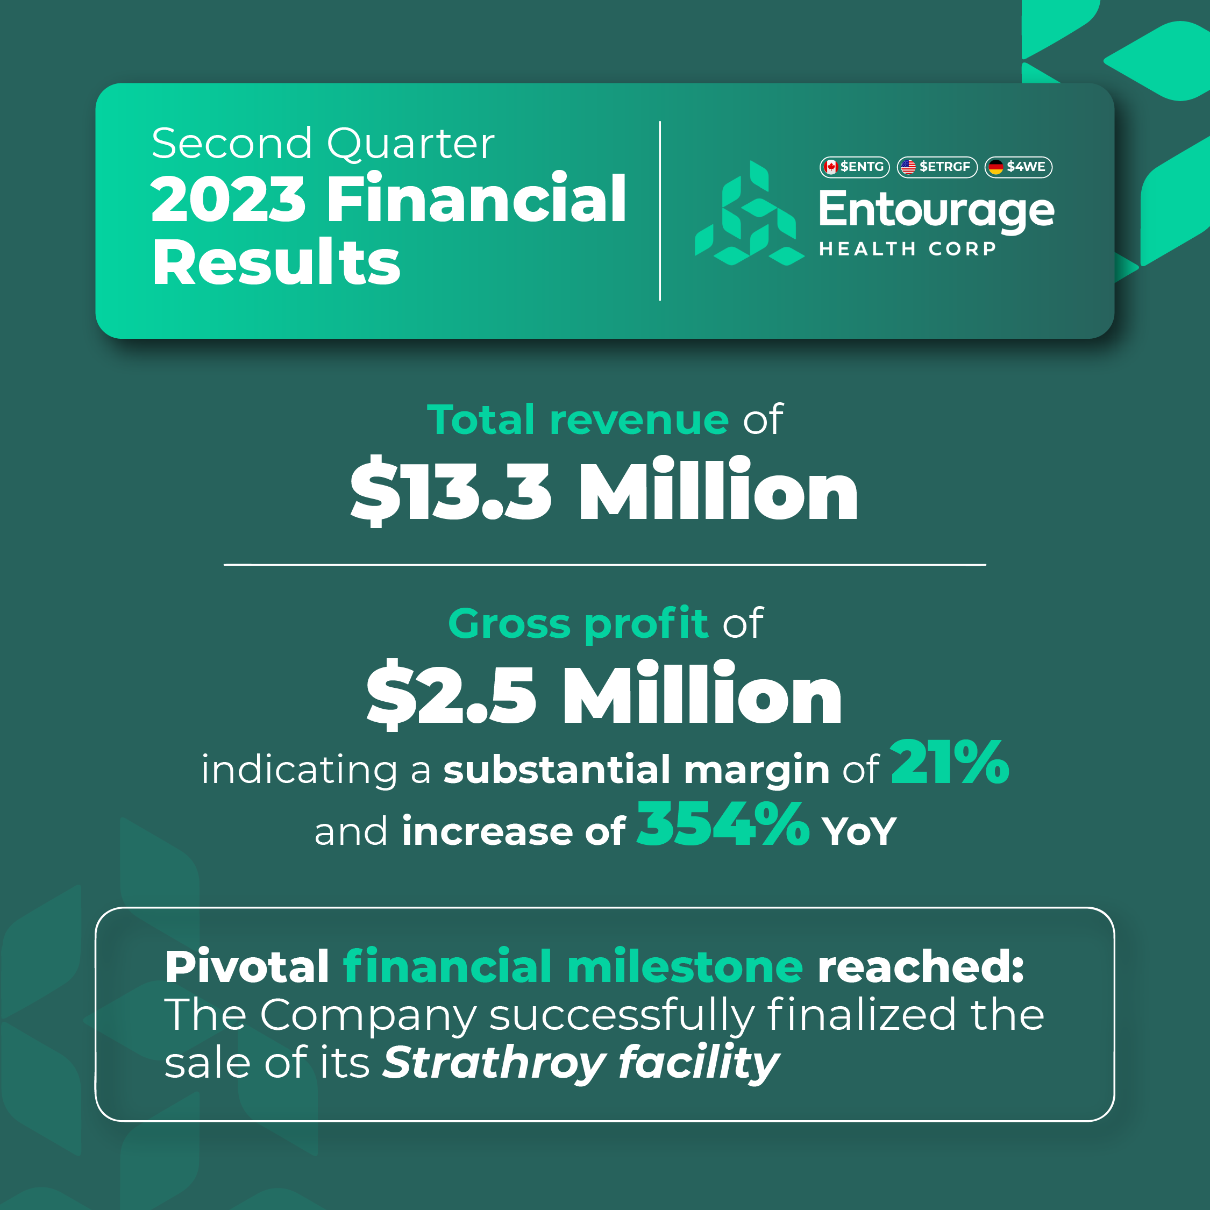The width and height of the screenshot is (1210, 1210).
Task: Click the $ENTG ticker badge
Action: [855, 167]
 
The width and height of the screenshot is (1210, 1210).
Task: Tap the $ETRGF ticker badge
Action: [937, 167]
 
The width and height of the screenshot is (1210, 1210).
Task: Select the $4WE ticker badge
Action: [1019, 167]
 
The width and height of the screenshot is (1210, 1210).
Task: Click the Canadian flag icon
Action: [831, 167]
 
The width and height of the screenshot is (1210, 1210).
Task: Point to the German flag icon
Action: [996, 167]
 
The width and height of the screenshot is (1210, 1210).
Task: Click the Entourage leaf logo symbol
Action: [750, 213]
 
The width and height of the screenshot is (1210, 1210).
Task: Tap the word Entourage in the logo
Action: [936, 210]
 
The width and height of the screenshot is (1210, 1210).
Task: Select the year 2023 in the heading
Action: [228, 199]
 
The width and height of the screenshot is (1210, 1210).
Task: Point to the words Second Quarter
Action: [323, 143]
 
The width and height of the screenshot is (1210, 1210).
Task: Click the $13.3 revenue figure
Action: [451, 490]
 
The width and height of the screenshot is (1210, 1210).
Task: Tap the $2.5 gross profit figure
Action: [452, 695]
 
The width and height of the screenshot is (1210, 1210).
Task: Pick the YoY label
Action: [859, 832]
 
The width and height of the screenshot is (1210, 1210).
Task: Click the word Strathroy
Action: [494, 1063]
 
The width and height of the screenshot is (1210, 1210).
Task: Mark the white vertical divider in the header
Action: [660, 211]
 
